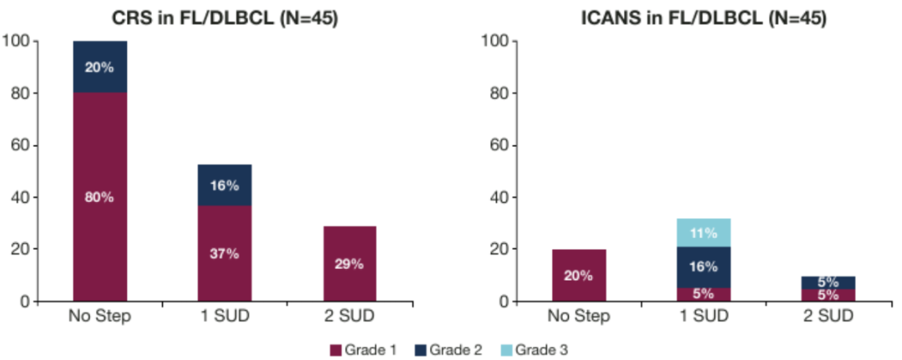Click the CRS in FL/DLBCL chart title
tap(225, 17)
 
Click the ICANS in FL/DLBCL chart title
tap(703, 17)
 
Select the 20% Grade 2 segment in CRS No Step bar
tap(99, 67)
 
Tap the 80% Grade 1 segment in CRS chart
tap(99, 197)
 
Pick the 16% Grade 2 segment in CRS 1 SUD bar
tap(225, 185)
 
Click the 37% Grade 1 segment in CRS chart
tap(225, 253)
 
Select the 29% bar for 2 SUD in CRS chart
tap(350, 263)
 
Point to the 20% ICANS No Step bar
tap(579, 276)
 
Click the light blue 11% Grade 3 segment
tap(703, 233)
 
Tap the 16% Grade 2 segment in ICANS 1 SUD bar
tap(703, 267)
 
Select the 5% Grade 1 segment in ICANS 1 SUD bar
tap(703, 294)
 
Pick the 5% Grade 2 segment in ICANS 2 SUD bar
tap(828, 282)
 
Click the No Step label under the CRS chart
tap(99, 316)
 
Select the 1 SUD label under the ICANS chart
tap(703, 316)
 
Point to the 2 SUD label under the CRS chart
tap(350, 316)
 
